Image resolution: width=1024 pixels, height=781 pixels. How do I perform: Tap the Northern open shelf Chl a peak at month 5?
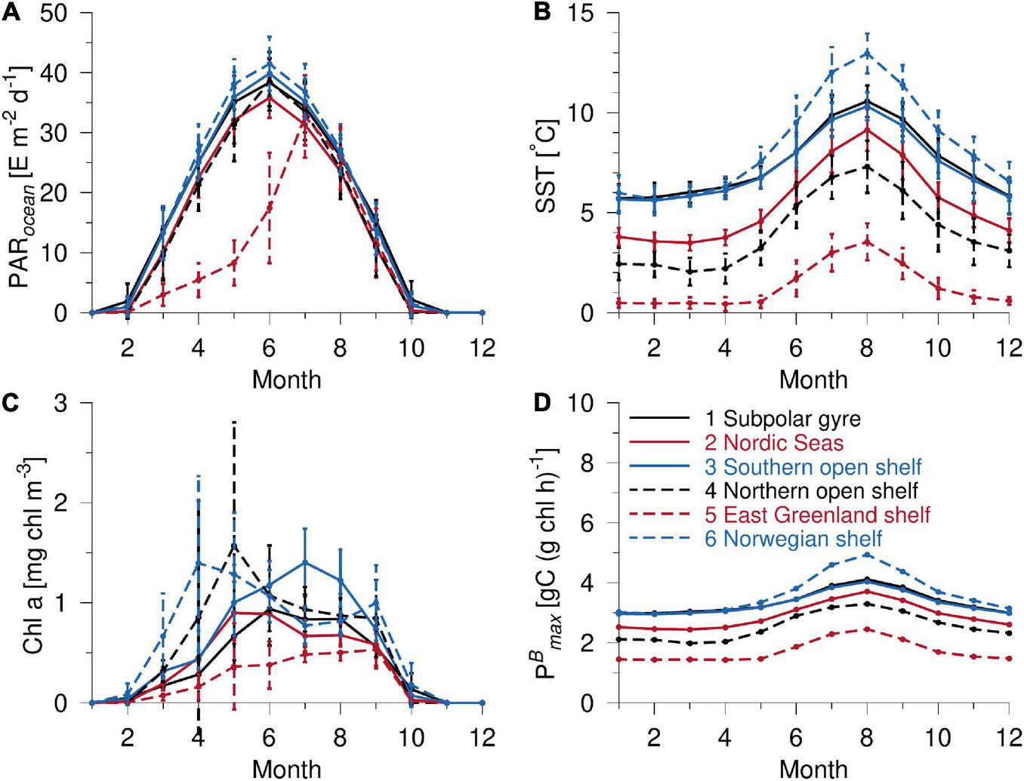coord(234,543)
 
